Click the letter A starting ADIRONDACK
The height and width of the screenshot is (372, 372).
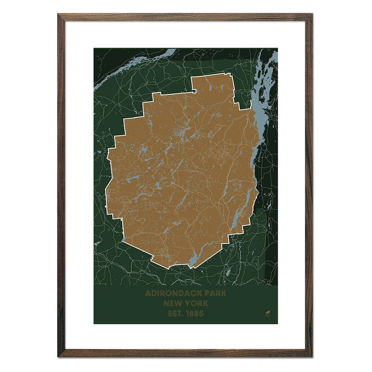point(148,293)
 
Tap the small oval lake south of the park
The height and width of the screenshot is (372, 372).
point(228,272)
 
